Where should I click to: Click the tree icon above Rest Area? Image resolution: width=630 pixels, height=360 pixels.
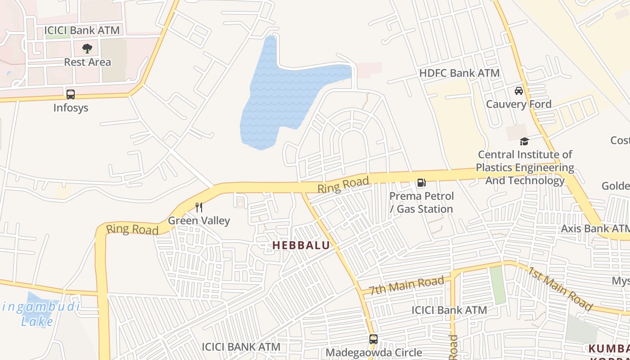tap(87, 48)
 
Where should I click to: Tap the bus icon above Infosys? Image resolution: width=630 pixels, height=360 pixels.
tap(71, 94)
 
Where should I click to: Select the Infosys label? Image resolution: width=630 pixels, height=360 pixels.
tap(71, 108)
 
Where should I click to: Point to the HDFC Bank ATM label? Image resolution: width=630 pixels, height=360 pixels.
tap(459, 73)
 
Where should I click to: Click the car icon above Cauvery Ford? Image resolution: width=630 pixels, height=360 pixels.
tap(519, 91)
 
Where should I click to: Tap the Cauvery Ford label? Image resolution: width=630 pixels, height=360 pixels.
tap(518, 104)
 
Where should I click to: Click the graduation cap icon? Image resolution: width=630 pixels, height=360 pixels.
tap(524, 142)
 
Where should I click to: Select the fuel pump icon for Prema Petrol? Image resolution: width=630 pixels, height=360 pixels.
tap(421, 183)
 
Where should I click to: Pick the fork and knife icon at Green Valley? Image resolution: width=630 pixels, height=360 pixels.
tap(199, 207)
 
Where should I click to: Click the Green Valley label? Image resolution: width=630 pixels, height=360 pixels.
tap(199, 220)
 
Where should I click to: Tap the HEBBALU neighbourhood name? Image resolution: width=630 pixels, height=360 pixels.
tap(301, 245)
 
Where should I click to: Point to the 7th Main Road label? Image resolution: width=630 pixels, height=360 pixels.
tap(406, 285)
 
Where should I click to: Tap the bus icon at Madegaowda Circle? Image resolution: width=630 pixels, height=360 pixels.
tap(373, 339)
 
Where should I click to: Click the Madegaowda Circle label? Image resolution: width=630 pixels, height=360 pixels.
tap(373, 352)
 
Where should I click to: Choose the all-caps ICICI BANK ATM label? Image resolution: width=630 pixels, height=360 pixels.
tap(241, 347)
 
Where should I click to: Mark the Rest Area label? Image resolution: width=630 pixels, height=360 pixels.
tap(87, 62)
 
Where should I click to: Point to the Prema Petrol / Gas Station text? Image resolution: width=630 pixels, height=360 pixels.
tap(421, 202)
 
